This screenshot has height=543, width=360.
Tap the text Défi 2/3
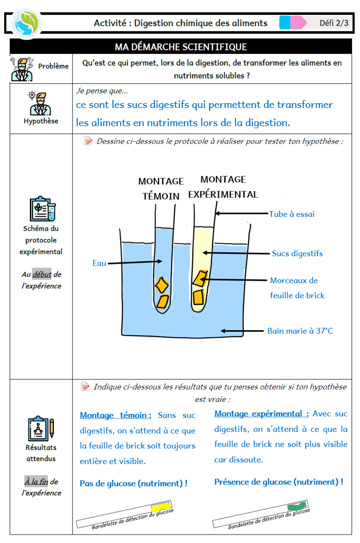[x=334, y=22]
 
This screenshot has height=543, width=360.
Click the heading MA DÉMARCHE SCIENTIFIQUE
[x=181, y=47]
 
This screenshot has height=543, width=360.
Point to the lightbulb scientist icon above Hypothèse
[x=40, y=103]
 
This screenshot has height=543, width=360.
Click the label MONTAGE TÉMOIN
[x=161, y=189]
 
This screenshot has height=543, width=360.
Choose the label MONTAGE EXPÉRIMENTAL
[x=223, y=187]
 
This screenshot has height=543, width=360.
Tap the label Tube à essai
[x=292, y=214]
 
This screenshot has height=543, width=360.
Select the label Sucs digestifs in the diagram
[x=297, y=253]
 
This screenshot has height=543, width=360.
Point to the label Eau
[x=99, y=263]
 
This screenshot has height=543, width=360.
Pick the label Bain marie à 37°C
[x=300, y=331]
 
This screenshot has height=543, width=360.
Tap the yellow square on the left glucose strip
[x=159, y=506]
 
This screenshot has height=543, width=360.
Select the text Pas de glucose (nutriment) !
[x=134, y=483]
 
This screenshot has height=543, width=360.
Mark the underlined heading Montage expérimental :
[x=262, y=414]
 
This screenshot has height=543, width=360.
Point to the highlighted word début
[x=42, y=275]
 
